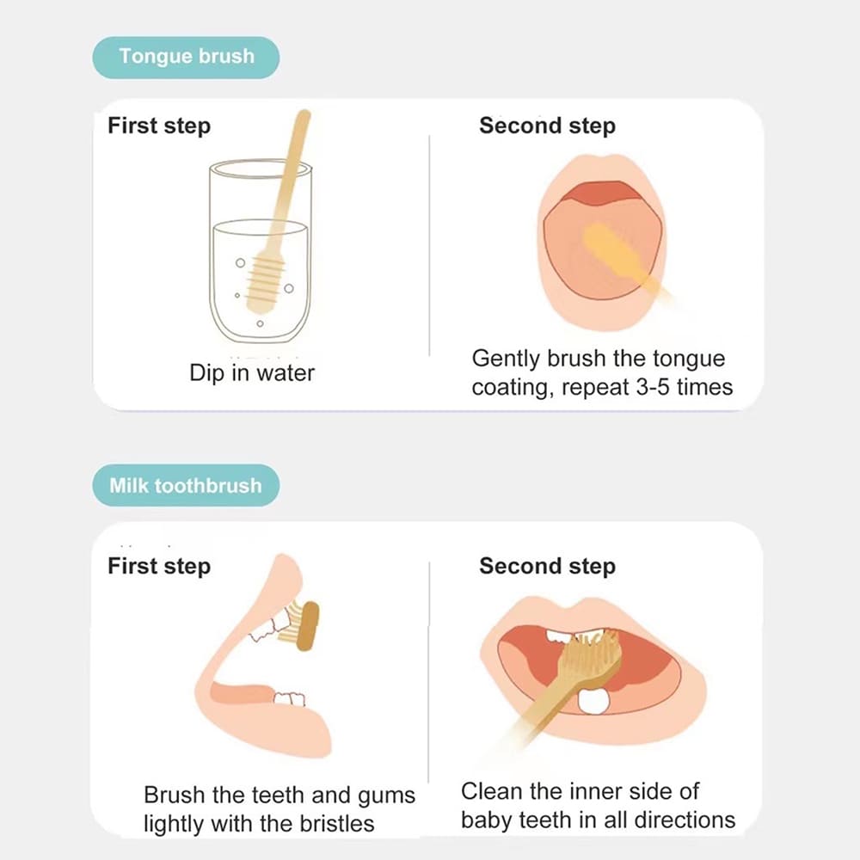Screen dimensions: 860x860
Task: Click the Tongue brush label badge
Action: tap(186, 57)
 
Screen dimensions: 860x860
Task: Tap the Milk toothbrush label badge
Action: tap(186, 485)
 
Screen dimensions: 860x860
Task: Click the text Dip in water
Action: tap(252, 373)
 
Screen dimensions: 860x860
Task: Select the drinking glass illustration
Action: tap(261, 250)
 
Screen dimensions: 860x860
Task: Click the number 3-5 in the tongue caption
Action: tap(653, 387)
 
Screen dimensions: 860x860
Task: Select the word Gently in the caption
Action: tap(507, 359)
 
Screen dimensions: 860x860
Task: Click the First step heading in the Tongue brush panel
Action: tap(159, 126)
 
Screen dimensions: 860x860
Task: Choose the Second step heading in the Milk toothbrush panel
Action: tap(547, 566)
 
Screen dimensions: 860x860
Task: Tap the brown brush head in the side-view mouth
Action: tap(307, 626)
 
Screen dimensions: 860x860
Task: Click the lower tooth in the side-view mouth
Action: tap(289, 698)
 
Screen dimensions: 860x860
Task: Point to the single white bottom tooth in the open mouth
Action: tap(593, 702)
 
